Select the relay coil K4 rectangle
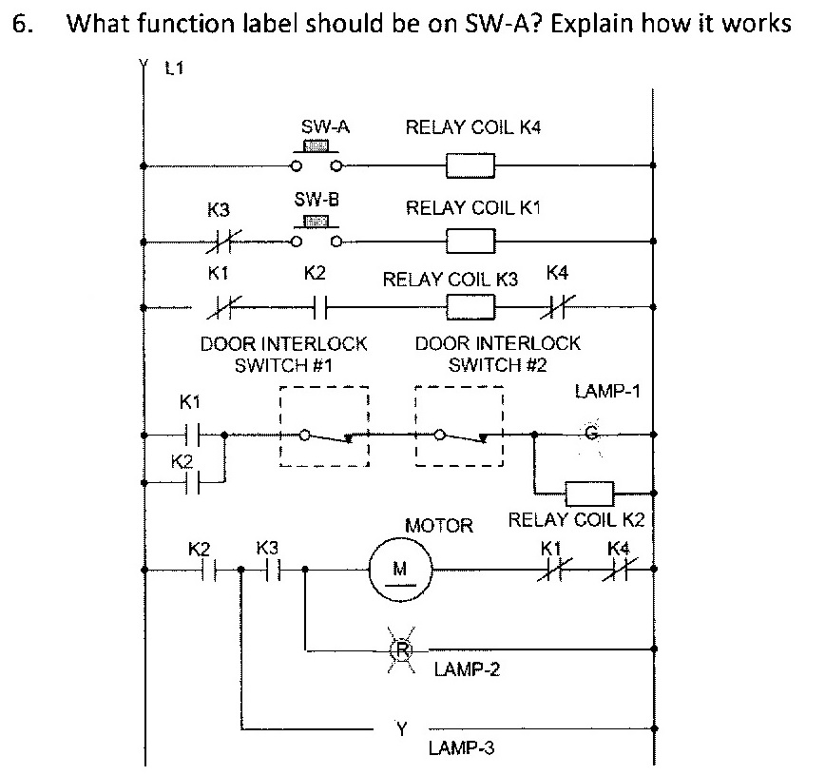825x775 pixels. pyautogui.click(x=470, y=166)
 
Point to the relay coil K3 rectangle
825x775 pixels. pyautogui.click(x=470, y=307)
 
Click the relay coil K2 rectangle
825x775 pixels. pyautogui.click(x=589, y=494)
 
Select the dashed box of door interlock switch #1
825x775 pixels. pyautogui.click(x=323, y=426)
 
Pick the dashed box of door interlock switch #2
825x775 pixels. pyautogui.click(x=460, y=426)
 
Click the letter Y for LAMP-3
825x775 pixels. pyautogui.click(x=401, y=729)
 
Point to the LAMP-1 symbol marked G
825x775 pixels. pyautogui.click(x=590, y=434)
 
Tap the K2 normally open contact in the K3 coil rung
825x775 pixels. pyautogui.click(x=320, y=307)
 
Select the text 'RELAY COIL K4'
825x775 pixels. pyautogui.click(x=472, y=127)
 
